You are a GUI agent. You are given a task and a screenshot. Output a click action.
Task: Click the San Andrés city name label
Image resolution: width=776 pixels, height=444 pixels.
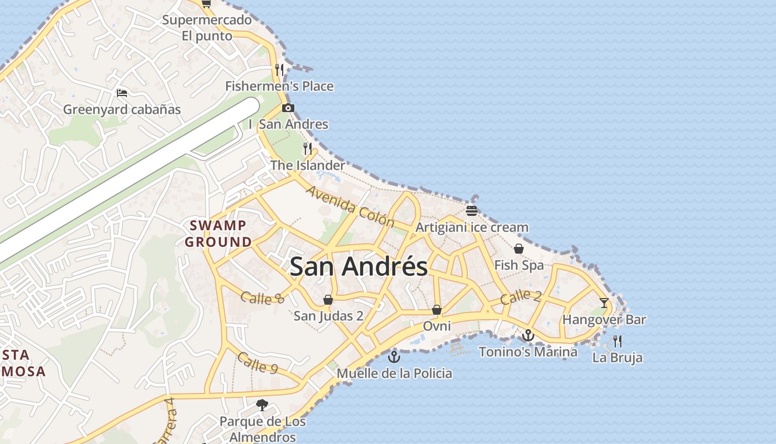click(359, 266)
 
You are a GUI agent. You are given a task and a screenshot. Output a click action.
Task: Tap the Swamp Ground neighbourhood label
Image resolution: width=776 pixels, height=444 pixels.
click(218, 234)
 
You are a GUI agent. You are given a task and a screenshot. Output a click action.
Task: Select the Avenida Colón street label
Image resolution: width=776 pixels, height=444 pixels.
click(350, 207)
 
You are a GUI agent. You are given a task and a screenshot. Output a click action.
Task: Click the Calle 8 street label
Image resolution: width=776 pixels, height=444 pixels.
click(263, 297)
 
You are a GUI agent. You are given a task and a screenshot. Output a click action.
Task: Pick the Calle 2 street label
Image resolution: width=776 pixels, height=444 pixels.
click(520, 297)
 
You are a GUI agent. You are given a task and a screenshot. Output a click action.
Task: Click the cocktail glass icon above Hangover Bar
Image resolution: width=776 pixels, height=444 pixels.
click(604, 303)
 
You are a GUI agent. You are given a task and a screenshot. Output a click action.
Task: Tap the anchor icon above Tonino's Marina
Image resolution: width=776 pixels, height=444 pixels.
click(528, 335)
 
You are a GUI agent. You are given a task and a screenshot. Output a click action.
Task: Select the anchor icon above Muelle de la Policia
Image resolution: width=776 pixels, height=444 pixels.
click(394, 356)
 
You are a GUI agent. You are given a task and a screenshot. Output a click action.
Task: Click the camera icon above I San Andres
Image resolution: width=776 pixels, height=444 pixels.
click(288, 108)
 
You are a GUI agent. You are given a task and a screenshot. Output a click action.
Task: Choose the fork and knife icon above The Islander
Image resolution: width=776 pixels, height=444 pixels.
click(308, 148)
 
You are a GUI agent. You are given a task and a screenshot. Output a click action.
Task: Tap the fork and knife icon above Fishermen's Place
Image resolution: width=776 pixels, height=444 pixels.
click(279, 69)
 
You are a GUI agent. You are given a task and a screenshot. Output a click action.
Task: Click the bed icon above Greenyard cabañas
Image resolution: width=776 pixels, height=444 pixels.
click(122, 93)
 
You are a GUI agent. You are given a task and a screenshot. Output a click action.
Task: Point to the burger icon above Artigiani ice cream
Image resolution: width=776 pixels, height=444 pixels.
click(472, 210)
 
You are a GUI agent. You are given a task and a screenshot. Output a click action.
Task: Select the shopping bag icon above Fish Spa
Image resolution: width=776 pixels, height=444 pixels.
click(519, 248)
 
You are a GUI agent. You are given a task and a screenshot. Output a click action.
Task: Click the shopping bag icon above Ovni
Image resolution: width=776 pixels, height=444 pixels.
click(437, 309)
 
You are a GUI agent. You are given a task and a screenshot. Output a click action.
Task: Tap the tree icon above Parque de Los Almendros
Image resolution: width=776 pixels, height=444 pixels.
click(262, 405)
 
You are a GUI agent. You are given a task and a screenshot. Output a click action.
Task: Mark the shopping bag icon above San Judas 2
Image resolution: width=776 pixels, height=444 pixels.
click(328, 300)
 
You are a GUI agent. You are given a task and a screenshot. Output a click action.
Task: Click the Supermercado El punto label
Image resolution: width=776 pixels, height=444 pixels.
click(207, 28)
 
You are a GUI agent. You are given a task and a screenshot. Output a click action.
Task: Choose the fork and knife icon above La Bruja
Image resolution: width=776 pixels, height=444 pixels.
click(617, 341)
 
